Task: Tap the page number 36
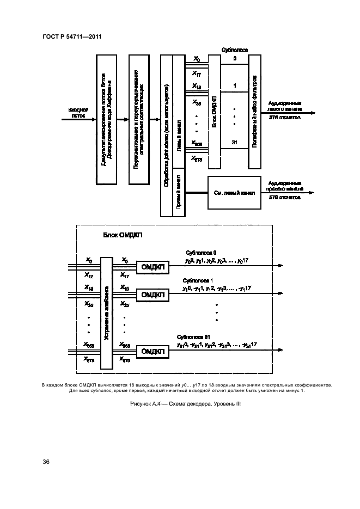[x=46, y=462]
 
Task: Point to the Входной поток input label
[x=77, y=112]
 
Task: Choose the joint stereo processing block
[x=166, y=135]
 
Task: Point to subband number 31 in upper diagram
[x=235, y=143]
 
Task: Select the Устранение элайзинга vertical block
[x=107, y=313]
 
